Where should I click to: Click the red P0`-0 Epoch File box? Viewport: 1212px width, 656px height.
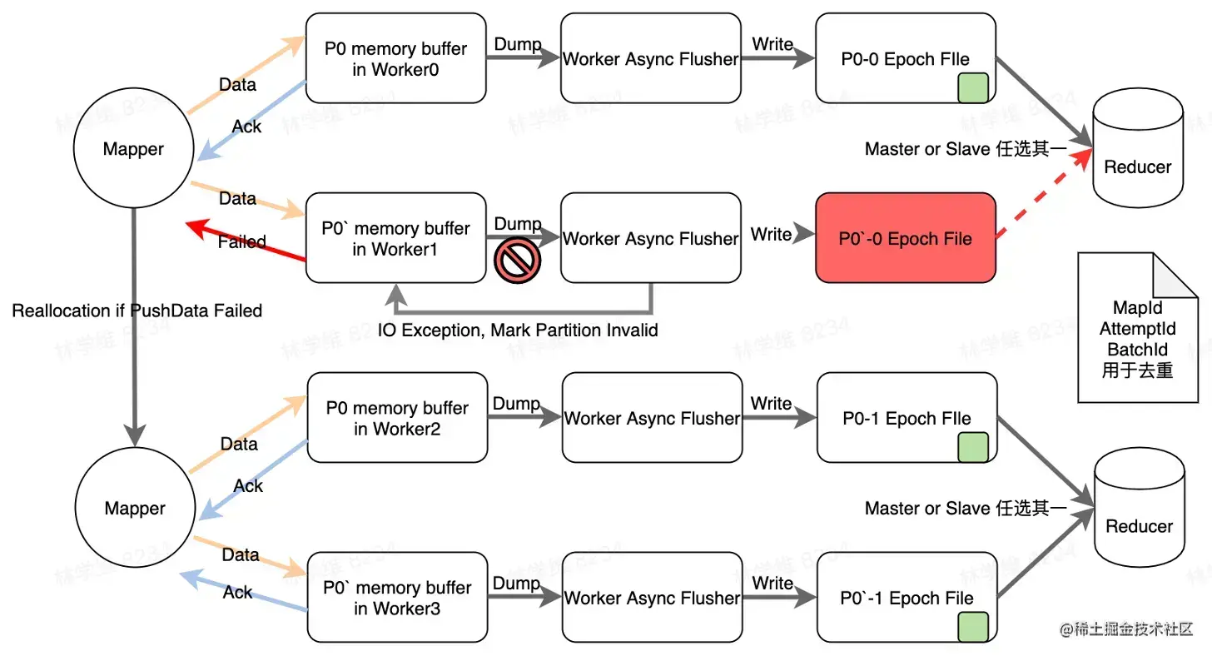click(905, 238)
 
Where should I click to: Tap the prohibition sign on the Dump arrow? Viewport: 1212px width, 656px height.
click(518, 260)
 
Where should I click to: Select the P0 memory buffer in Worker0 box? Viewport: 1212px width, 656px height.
click(395, 58)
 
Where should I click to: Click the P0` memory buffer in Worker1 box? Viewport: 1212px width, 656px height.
click(395, 238)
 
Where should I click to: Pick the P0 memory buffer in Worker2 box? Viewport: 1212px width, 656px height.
click(397, 418)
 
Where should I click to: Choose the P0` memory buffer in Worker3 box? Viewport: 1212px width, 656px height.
click(397, 598)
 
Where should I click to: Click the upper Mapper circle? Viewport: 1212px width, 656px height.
click(133, 150)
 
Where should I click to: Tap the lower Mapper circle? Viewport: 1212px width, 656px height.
click(135, 509)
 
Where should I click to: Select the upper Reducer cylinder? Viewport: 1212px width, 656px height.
click(1137, 150)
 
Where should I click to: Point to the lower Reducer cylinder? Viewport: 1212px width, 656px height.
click(1139, 509)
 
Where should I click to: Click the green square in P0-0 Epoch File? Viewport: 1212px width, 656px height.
click(972, 87)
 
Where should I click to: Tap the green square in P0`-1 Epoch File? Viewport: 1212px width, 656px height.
click(973, 627)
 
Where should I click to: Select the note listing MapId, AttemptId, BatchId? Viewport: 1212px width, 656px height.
click(1137, 329)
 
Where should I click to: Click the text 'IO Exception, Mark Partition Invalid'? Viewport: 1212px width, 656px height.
click(518, 330)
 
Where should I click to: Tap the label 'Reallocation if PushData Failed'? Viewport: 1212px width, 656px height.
click(137, 311)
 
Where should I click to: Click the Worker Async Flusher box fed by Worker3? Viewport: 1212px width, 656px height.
click(652, 598)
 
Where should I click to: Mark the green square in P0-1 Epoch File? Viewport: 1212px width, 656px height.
click(973, 447)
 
